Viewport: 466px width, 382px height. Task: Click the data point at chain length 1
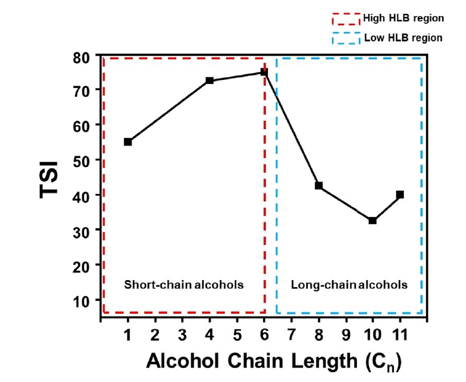click(x=128, y=142)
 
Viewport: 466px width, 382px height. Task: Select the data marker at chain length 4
click(x=210, y=80)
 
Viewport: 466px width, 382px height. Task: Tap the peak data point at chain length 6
click(x=264, y=72)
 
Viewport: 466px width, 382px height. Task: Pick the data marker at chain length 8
click(x=319, y=186)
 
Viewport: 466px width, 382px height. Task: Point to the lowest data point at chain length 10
click(x=373, y=221)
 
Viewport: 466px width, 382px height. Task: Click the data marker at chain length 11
click(x=400, y=194)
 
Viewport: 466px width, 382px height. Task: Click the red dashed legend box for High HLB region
click(x=346, y=19)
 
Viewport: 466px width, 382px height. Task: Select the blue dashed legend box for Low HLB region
click(x=346, y=39)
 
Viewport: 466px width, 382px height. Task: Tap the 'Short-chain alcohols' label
click(x=184, y=285)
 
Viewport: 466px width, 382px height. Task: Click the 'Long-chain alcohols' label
click(x=349, y=285)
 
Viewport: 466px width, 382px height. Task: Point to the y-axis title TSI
click(x=51, y=179)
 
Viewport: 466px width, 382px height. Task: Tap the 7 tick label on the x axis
click(x=292, y=335)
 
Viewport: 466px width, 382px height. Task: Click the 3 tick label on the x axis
click(x=182, y=335)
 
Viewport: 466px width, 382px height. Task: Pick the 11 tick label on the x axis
click(x=400, y=335)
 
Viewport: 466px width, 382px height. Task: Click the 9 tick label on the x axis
click(x=346, y=335)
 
